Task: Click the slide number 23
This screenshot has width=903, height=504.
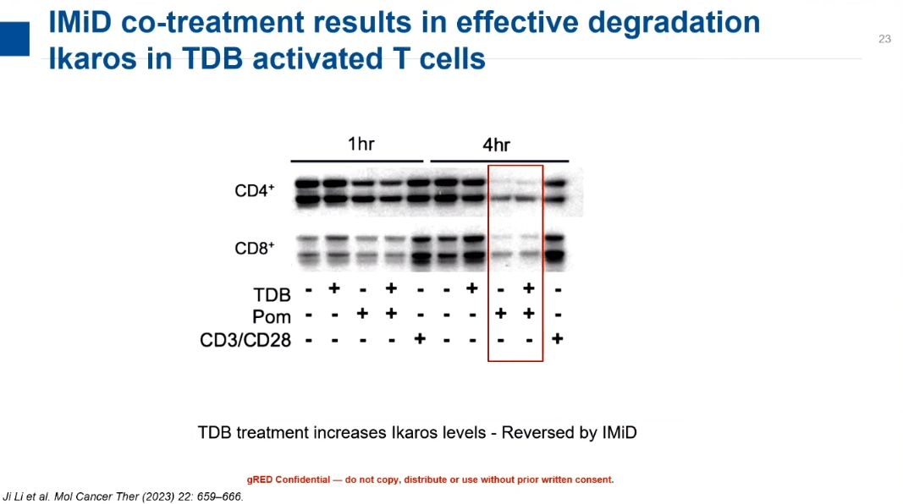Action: [884, 39]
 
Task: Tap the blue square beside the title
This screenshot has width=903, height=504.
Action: [14, 39]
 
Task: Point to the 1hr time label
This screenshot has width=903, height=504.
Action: [361, 144]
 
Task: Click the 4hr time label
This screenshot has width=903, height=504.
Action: [496, 145]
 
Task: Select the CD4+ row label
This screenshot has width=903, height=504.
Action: [254, 190]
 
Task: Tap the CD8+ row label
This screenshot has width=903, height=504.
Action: [254, 248]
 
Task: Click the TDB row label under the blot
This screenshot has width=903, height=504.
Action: [272, 294]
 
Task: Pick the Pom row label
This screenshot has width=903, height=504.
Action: [272, 317]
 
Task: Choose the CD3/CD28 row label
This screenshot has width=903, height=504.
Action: [245, 340]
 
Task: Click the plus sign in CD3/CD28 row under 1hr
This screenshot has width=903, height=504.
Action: [420, 339]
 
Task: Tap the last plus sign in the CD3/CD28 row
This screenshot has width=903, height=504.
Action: [557, 339]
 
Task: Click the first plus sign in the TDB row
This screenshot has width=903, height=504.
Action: [334, 288]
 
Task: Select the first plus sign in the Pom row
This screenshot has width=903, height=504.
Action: [362, 314]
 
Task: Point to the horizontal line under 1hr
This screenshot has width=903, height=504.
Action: [357, 162]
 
